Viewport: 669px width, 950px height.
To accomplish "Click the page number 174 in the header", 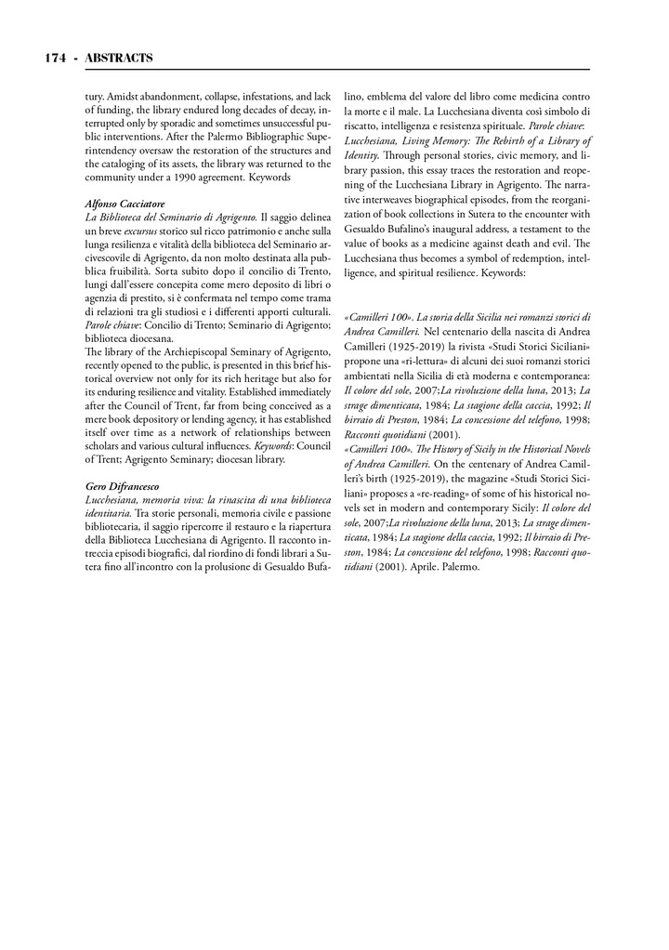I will tap(54, 58).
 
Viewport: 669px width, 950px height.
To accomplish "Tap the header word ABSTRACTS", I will tap(119, 58).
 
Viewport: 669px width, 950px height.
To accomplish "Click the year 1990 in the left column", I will tap(173, 175).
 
